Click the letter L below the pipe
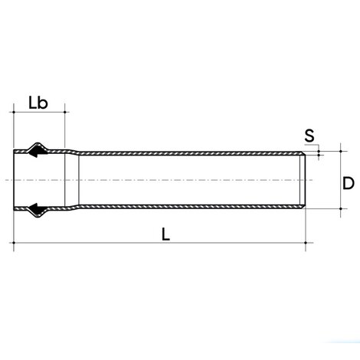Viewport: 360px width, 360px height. click(x=165, y=234)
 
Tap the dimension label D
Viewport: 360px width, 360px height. click(x=347, y=183)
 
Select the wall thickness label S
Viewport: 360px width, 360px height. click(x=309, y=136)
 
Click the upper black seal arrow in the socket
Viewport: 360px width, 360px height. click(x=34, y=152)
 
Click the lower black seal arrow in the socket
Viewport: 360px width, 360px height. click(x=34, y=207)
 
